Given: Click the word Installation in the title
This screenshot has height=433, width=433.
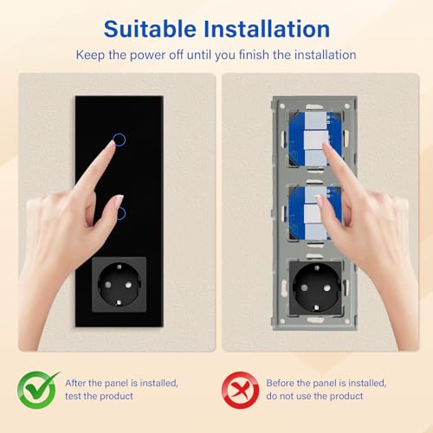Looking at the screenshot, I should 268,29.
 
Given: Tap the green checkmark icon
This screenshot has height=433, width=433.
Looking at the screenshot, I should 39,390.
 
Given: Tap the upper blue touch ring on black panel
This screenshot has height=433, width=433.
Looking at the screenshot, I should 120,139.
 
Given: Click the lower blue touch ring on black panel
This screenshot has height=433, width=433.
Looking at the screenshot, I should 121,212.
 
